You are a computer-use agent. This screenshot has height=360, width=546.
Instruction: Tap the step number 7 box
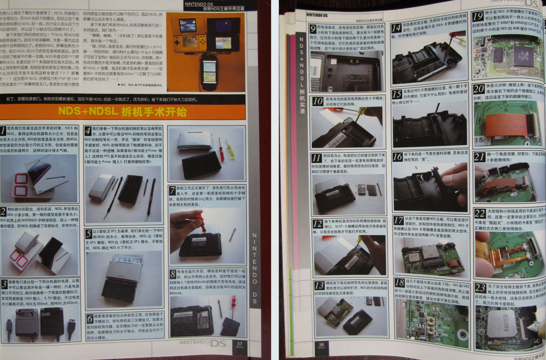(x=173, y=191)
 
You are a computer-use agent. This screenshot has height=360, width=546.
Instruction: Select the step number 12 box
(x=318, y=224)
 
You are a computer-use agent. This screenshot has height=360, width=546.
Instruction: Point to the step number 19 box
(x=479, y=17)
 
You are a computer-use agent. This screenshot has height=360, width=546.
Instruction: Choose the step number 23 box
(x=480, y=288)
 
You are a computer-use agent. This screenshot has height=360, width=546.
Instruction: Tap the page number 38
(x=321, y=345)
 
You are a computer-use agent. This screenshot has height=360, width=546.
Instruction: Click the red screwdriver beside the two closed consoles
(x=221, y=149)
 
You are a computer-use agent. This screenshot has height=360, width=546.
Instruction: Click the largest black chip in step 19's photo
(x=523, y=56)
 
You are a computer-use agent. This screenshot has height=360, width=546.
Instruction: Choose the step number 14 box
(x=396, y=28)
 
